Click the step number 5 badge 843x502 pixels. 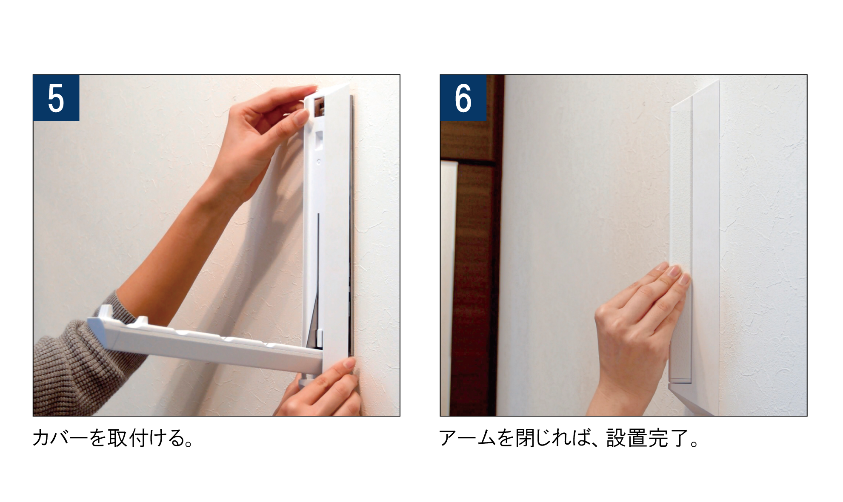(56, 98)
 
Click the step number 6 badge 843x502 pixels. (463, 98)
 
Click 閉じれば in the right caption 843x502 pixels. (552, 438)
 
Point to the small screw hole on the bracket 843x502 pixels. (319, 162)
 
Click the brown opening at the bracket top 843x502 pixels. (320, 106)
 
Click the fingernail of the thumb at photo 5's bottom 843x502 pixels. (349, 363)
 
